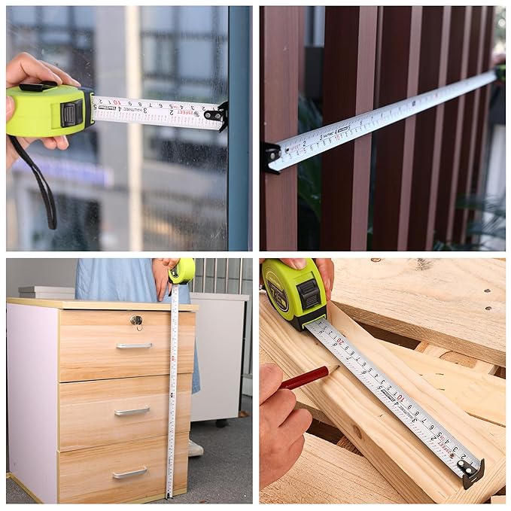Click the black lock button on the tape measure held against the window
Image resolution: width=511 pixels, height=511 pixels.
coord(71,114)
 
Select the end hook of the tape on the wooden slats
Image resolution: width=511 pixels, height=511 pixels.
coord(270,157)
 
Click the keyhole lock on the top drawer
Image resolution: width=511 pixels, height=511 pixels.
coord(136,321)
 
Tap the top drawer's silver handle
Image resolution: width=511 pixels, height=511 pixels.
coord(134,345)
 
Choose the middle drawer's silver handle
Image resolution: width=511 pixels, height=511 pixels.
coord(132,411)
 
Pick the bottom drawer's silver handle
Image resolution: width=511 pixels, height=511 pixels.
coord(129,473)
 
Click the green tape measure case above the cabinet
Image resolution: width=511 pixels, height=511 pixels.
coord(182,271)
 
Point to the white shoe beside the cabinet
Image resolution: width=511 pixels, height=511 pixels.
coord(195,448)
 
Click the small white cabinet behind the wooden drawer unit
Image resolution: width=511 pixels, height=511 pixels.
coord(217,354)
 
